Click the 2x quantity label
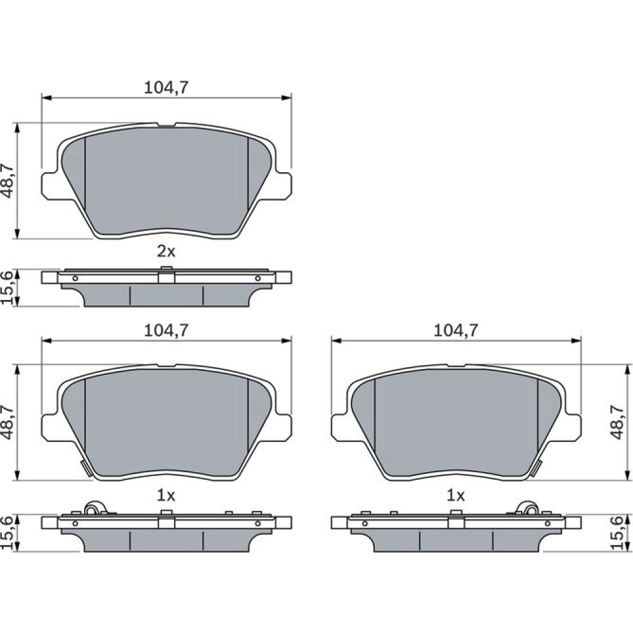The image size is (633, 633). tap(166, 252)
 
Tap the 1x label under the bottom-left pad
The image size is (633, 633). tap(166, 496)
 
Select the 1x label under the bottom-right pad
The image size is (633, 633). tap(455, 496)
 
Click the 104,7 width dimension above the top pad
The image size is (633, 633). tap(166, 87)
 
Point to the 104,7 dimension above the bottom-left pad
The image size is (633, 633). tap(166, 330)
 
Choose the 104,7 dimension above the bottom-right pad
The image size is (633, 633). tap(455, 330)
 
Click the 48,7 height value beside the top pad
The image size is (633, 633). tap(8, 180)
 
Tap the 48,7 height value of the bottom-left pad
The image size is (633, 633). tap(8, 423)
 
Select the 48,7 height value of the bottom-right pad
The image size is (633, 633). tap(617, 423)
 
